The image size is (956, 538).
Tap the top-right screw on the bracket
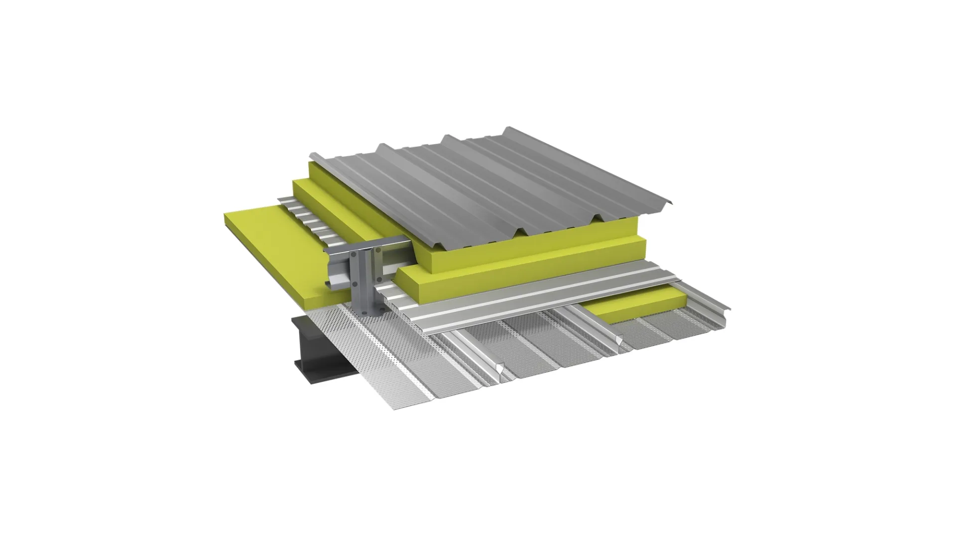point(378,250)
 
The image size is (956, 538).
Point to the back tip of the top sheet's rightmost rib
point(507,129)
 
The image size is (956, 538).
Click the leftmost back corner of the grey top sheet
point(310,154)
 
